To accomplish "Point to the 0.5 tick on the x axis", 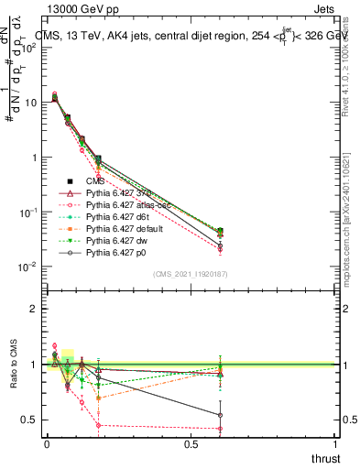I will click(191, 444).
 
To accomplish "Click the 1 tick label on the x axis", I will click(336, 444).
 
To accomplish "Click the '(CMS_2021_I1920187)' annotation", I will click(191, 274).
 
